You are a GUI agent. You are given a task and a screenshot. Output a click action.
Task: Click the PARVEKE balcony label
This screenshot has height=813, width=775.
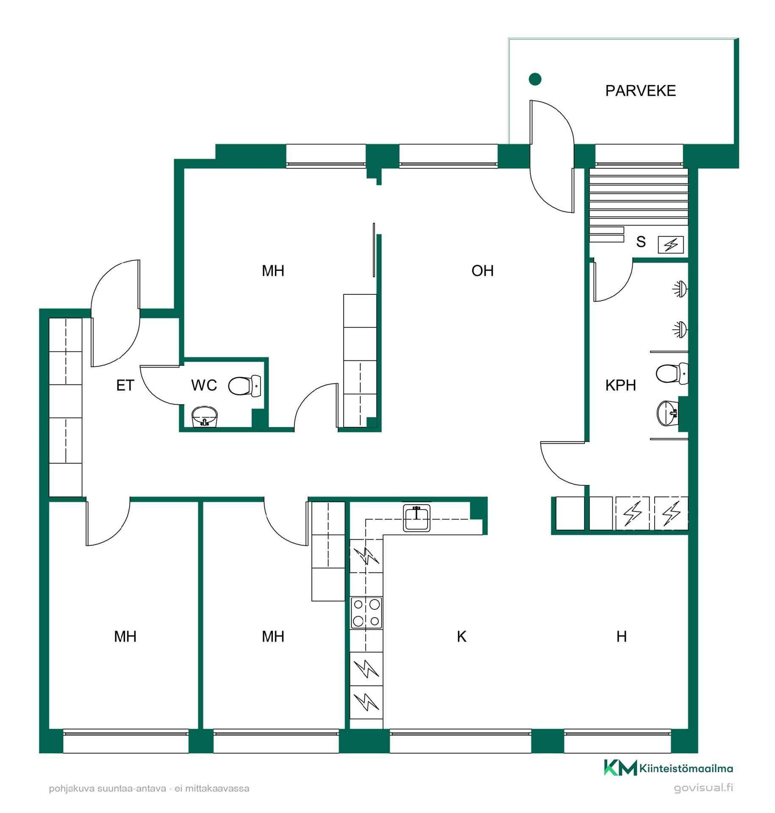pos(640,91)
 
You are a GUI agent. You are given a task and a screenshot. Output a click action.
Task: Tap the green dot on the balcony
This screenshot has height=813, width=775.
pos(535,79)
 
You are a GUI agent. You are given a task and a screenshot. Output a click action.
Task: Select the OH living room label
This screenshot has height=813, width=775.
pos(482,271)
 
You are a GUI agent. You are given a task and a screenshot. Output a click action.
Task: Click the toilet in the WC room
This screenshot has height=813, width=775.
pos(244,385)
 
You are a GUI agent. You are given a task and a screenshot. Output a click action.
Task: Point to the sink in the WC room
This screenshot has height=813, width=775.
pos(205,417)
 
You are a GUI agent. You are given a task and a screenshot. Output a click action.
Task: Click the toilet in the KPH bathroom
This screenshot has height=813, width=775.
pos(672,373)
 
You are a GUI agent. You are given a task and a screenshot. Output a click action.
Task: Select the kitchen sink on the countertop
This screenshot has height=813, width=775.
pos(417,517)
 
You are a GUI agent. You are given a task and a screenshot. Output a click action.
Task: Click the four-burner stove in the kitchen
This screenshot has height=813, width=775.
pos(367,613)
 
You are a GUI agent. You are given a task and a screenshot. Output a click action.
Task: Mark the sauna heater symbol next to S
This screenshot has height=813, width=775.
pos(670,245)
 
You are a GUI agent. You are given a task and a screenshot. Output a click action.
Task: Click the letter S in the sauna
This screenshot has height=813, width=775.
pos(641,242)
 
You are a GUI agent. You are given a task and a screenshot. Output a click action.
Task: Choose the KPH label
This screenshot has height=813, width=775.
pos(620,385)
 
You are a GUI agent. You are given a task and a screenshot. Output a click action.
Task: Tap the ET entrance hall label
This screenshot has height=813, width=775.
pos(125,385)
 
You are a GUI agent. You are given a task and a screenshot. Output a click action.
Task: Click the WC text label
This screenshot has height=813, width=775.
pos(204,385)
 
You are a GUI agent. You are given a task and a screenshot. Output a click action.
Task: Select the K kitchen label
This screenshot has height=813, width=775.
pos(461,636)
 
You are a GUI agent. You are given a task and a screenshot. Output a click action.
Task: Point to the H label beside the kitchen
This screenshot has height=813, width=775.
pos(621,636)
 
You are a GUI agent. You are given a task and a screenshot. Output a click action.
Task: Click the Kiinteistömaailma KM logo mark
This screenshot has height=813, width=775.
pos(620,768)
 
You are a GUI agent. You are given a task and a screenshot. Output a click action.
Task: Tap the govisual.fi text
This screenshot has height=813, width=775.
pos(703,788)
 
